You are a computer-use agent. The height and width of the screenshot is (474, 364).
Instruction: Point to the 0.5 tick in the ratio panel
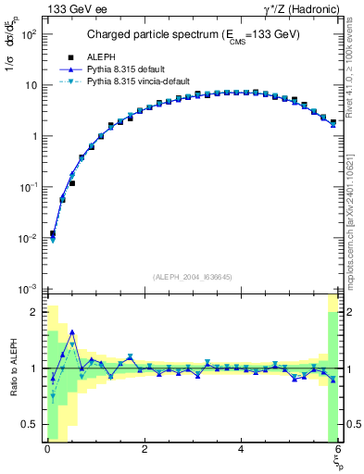[31, 424]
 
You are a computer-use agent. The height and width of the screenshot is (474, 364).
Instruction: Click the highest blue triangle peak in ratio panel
[72, 331]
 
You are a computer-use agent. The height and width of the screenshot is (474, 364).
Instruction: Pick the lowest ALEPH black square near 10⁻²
[53, 234]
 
